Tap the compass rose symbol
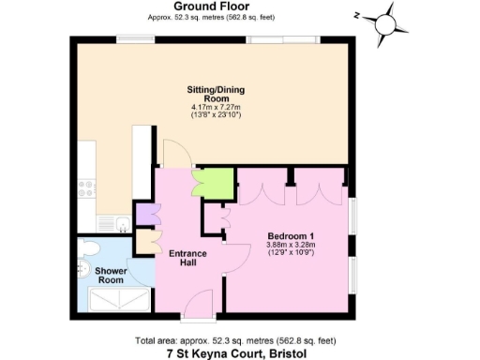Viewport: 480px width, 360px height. (385, 22)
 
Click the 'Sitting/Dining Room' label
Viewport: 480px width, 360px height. (207, 95)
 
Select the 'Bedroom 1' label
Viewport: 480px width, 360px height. (291, 234)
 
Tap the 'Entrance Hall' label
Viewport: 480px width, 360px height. (187, 258)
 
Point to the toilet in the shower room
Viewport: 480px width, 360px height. (89, 247)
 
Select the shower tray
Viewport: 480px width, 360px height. (118, 298)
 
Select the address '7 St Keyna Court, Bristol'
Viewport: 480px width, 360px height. (239, 353)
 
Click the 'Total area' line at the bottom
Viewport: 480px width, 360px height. (239, 339)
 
